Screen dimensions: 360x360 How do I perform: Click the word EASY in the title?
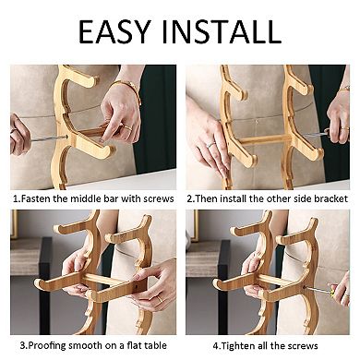coord(114,31)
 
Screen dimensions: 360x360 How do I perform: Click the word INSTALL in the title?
coord(222,31)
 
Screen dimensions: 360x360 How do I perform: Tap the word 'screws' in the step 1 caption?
coord(158,198)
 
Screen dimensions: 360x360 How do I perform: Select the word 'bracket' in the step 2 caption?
coord(330,198)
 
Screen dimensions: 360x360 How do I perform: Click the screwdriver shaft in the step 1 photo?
coord(48,138)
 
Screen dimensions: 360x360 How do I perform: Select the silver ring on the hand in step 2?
coord(210,145)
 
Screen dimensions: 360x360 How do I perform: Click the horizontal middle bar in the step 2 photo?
coord(264,139)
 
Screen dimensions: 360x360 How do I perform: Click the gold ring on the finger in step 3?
coord(160,299)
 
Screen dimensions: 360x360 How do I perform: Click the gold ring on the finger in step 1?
coord(128,128)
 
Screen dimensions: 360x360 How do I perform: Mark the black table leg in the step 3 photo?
coord(45,286)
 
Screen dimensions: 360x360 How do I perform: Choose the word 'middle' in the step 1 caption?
coord(83,198)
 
